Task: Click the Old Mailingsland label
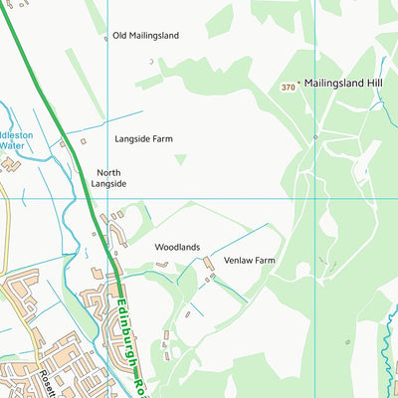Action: [x=145, y=35]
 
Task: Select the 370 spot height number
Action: [x=288, y=88]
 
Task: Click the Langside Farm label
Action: [x=143, y=139]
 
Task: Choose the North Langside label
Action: [x=108, y=178]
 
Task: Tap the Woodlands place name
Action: [x=177, y=247]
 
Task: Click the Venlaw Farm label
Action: [x=249, y=261]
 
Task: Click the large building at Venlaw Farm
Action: [x=209, y=264]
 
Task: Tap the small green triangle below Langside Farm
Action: [x=180, y=158]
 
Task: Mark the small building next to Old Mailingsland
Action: [x=151, y=62]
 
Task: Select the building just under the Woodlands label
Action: [x=161, y=265]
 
